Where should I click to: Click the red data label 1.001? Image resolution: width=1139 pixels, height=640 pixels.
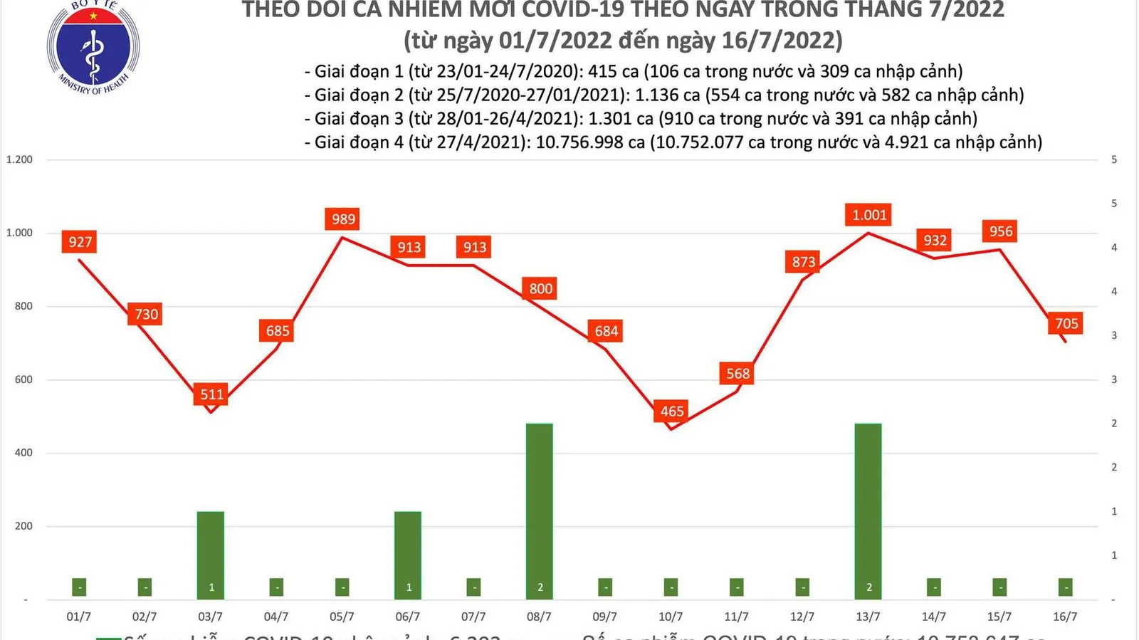pyautogui.click(x=869, y=215)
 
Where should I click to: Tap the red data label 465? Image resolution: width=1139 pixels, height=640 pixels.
pyautogui.click(x=672, y=411)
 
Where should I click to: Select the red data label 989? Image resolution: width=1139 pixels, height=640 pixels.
pyautogui.click(x=343, y=219)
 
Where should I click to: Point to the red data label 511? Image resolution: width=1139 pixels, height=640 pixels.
pyautogui.click(x=212, y=394)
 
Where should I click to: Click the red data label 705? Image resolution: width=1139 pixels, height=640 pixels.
pyautogui.click(x=1066, y=324)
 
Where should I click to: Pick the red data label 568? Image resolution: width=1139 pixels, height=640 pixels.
pyautogui.click(x=738, y=374)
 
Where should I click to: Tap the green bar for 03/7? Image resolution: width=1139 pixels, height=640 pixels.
pyautogui.click(x=211, y=555)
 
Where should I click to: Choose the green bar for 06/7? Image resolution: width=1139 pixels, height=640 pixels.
pyautogui.click(x=408, y=555)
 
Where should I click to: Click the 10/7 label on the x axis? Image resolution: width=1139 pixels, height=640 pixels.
pyautogui.click(x=671, y=617)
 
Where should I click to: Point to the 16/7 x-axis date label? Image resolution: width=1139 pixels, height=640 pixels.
pyautogui.click(x=1065, y=617)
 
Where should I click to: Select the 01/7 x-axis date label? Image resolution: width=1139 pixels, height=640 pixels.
pyautogui.click(x=79, y=617)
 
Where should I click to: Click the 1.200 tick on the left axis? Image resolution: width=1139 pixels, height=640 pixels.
pyautogui.click(x=20, y=159)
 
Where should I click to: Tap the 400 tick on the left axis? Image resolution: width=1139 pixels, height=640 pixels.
pyautogui.click(x=23, y=453)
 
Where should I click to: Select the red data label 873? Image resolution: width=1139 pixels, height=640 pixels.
pyautogui.click(x=804, y=262)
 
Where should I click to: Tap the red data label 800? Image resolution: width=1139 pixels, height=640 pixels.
pyautogui.click(x=540, y=289)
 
